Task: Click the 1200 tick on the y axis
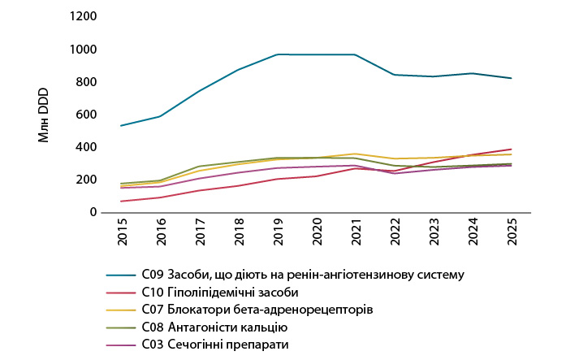84,17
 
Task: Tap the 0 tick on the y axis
94,212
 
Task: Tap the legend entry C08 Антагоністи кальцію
215,327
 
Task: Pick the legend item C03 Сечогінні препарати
216,345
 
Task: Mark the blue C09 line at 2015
121,125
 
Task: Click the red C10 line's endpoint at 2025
512,150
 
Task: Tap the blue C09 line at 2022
395,75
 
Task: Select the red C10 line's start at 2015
121,201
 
